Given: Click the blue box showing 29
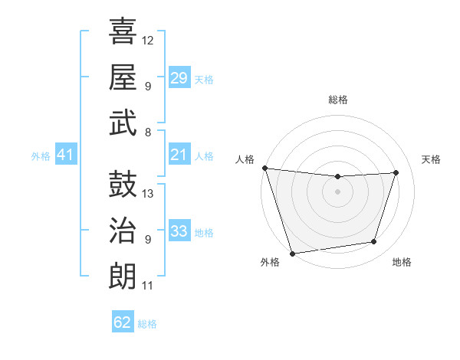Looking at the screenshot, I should coord(179,78).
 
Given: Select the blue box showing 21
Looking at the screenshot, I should coord(179,155).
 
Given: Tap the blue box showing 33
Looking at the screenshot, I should coord(179,231).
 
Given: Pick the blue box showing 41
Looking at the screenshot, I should coord(65,155).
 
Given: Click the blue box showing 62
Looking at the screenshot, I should coord(123,322).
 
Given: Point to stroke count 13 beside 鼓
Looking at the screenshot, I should coord(149,194).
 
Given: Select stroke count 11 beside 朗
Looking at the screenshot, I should coord(148,286).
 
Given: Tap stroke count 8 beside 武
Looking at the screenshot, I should coord(148,132).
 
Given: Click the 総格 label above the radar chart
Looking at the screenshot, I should coord(337,100).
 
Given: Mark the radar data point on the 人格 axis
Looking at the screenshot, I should coord(264,168).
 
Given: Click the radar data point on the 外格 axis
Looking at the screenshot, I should coord(292,253).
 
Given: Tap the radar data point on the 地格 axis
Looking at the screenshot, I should coord(374,242).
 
